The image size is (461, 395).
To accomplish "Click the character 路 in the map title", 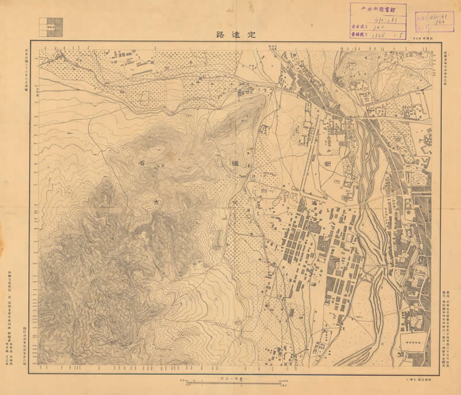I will click(220, 34).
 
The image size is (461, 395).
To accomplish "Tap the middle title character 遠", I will click(235, 34).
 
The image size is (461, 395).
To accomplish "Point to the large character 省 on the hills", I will click(141, 163).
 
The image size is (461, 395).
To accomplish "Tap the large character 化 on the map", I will click(236, 203).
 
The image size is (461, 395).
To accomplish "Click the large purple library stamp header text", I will click(377, 9).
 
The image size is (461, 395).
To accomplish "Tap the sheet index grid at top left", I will click(51, 26).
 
